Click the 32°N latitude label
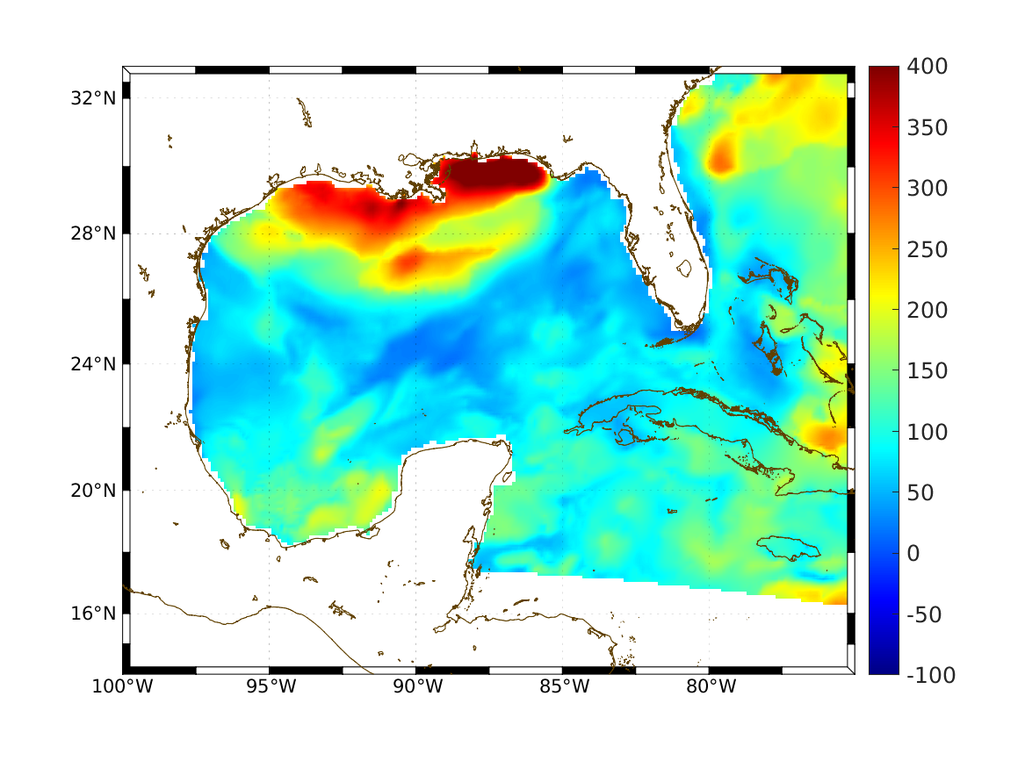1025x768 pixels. pos(94,97)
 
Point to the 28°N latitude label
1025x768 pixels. pos(94,233)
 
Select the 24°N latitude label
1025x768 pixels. pos(94,363)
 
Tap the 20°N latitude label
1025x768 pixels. pos(94,491)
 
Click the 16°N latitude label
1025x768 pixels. pos(94,614)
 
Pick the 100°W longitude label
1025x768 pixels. pos(122,687)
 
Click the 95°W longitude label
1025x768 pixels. pos(270,687)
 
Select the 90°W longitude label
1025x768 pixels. pos(416,687)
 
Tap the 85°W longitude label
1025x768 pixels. pos(563,687)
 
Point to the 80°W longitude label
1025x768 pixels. pos(710,687)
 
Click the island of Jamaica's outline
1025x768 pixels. pos(788,548)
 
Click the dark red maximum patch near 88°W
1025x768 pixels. pos(492,176)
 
